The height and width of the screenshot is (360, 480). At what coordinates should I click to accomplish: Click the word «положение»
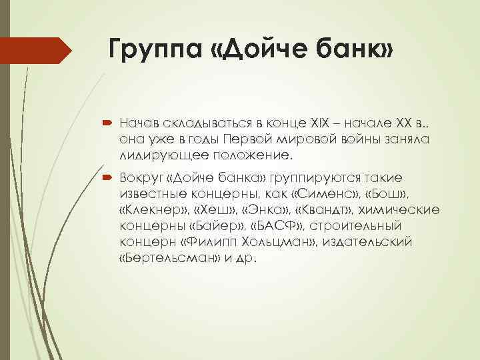pyautogui.click(x=257, y=155)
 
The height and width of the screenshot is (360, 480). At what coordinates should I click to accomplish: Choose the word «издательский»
pyautogui.click(x=377, y=241)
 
